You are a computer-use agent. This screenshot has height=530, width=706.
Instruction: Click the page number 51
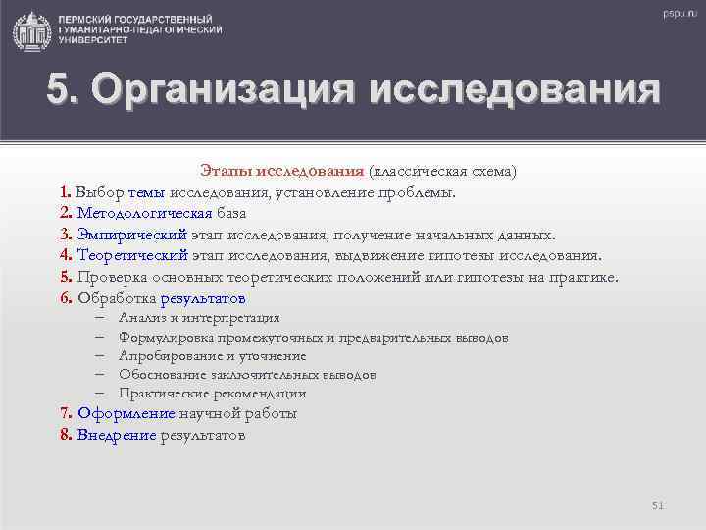[657, 504]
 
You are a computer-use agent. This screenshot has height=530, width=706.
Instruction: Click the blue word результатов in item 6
[203, 299]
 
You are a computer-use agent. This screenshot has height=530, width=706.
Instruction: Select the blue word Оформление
[126, 413]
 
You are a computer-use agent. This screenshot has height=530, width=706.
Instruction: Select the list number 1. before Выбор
[65, 191]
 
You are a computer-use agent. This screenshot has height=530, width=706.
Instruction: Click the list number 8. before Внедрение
[65, 435]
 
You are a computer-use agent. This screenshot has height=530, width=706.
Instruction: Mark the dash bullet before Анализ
[101, 318]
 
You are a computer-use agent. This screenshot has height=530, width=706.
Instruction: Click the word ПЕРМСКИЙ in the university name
[91, 21]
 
